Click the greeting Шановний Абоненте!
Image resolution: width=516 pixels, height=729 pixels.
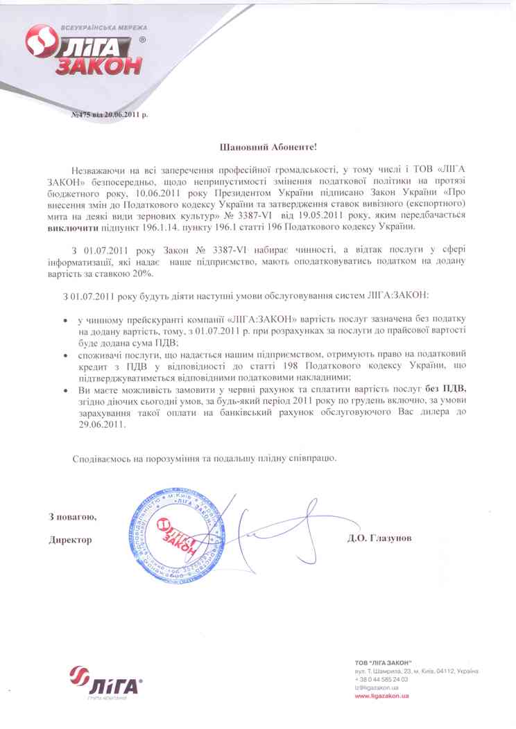[x=257, y=147]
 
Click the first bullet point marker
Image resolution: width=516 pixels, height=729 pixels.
[x=65, y=322]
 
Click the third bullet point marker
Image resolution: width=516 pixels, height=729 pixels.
[x=65, y=391]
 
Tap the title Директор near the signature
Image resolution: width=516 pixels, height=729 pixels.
[x=70, y=538]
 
